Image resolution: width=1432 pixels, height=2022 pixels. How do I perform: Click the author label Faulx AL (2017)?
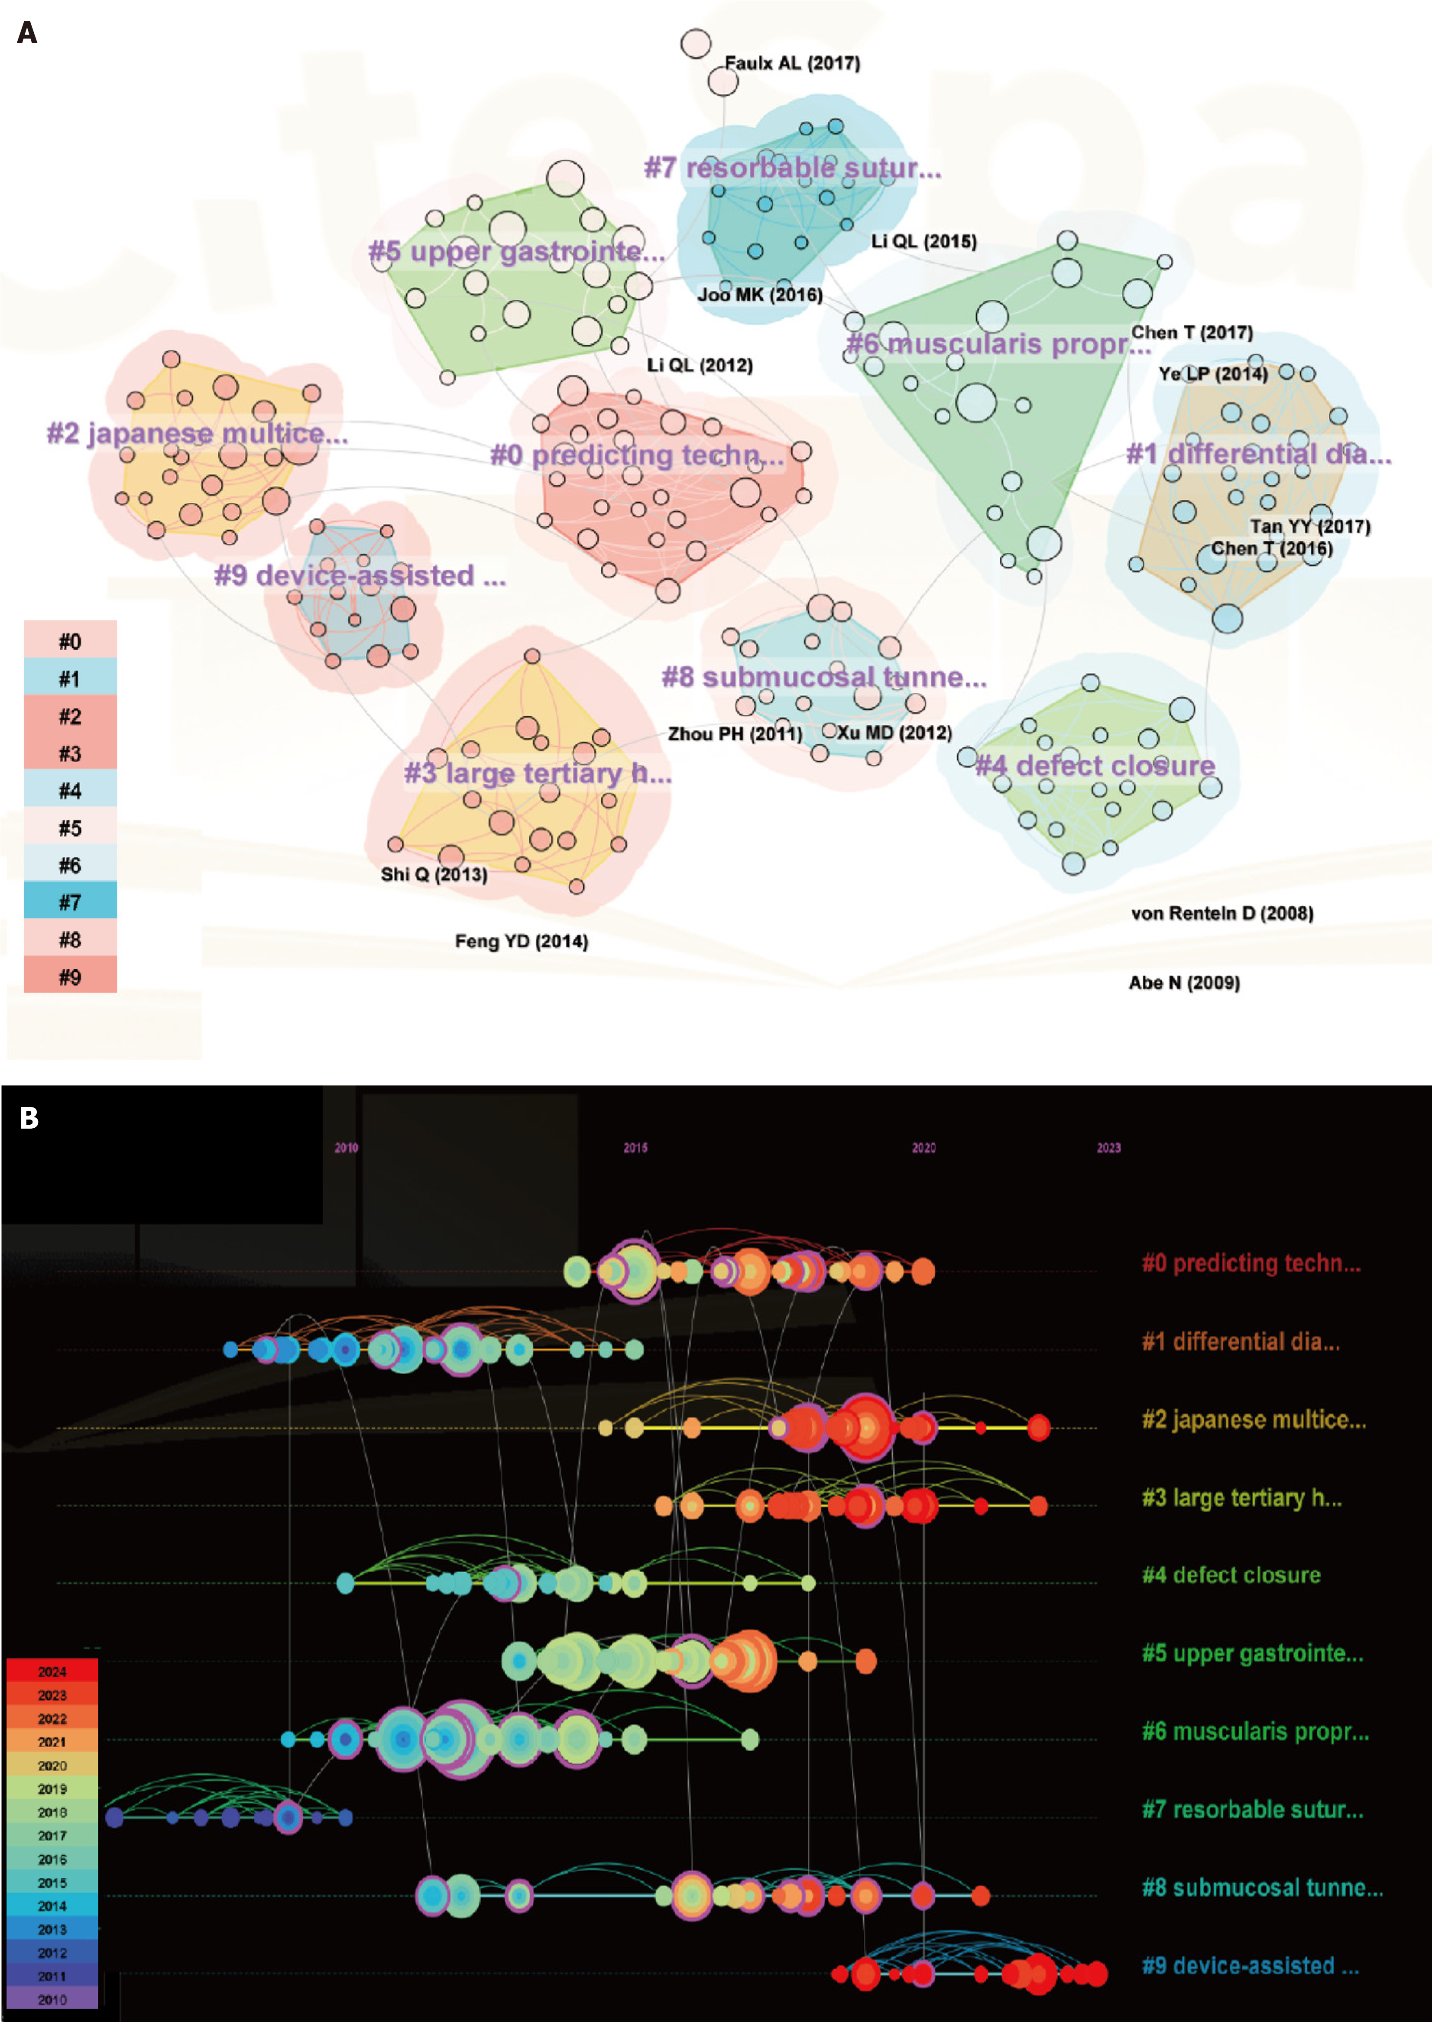tap(792, 64)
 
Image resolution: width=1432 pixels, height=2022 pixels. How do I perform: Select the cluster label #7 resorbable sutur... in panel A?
tap(792, 168)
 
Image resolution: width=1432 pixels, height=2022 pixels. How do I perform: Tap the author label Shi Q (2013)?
tap(434, 875)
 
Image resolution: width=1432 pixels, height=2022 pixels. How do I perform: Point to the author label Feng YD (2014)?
tap(521, 942)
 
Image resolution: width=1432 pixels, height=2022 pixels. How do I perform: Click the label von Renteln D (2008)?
tap(1222, 914)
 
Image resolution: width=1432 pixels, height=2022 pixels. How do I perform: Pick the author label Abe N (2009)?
tap(1184, 983)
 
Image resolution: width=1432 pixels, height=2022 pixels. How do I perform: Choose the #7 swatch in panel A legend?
tap(70, 902)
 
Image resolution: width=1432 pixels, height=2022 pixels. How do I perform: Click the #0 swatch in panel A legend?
tap(70, 641)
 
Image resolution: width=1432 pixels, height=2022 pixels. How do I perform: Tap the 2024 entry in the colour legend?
tap(52, 1671)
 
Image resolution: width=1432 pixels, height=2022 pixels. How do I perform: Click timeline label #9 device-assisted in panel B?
tap(1251, 1966)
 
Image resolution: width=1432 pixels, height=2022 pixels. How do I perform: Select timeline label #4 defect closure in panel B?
tap(1231, 1575)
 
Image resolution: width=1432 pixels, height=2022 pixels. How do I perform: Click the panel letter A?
tap(27, 33)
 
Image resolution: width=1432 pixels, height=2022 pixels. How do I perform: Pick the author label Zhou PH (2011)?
tap(735, 734)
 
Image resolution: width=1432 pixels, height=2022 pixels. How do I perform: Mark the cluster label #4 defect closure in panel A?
tap(1094, 766)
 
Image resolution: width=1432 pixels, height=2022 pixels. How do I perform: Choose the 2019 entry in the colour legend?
tap(52, 1788)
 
